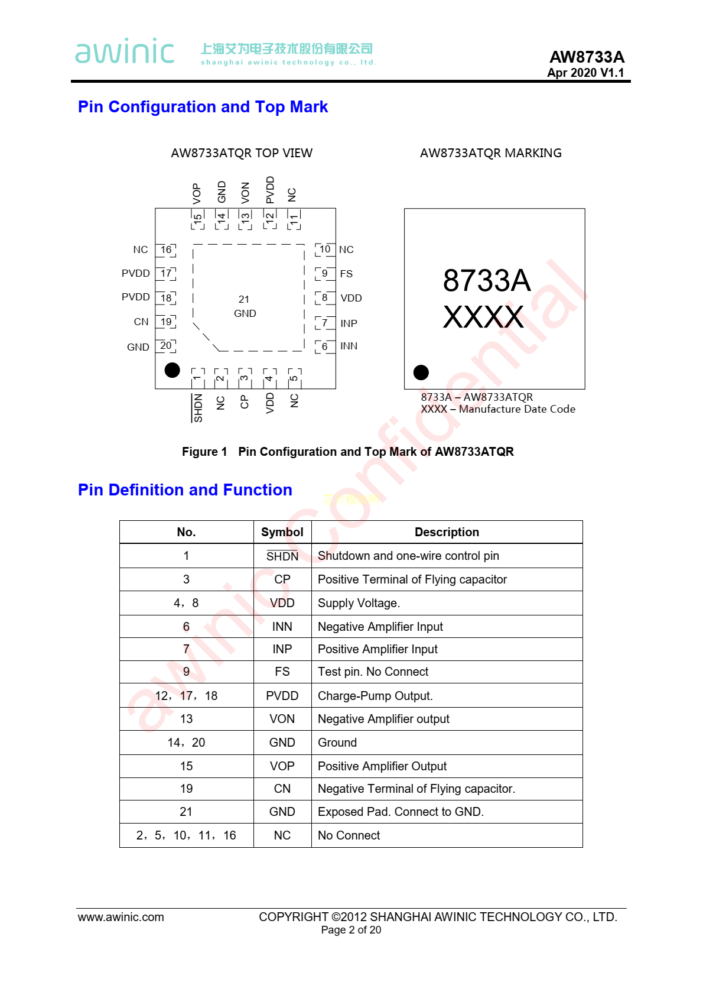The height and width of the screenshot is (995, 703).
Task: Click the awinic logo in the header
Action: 125,51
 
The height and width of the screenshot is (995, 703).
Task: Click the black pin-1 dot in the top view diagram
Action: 172,370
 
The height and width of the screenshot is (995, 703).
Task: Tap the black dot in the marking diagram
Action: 421,372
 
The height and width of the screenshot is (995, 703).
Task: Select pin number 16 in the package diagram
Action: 166,250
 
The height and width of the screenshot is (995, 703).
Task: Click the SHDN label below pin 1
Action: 198,408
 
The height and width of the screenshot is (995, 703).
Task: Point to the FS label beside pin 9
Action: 346,274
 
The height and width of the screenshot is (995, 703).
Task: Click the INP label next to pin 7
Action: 349,323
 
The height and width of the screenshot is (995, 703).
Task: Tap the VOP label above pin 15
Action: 197,193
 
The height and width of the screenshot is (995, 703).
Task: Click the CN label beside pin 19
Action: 141,322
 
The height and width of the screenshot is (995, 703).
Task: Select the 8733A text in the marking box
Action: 487,281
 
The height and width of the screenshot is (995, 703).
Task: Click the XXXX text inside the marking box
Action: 483,317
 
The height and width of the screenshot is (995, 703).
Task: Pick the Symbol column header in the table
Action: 282,532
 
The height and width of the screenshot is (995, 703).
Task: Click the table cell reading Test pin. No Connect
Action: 373,672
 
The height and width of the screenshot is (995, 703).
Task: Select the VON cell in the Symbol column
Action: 282,719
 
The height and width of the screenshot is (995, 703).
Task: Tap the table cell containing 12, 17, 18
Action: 186,696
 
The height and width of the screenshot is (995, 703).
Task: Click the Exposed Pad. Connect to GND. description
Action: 401,812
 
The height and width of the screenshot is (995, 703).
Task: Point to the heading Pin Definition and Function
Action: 185,490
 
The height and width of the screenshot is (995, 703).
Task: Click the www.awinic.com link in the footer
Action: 121,917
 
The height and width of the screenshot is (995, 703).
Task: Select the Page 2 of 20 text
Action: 351,930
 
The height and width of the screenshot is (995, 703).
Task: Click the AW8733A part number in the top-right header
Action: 587,57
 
